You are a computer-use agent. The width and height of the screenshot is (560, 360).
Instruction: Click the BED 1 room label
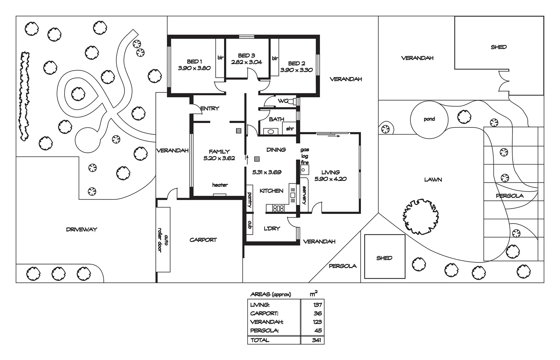(x=194, y=61)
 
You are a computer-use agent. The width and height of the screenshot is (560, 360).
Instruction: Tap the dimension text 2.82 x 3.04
(x=246, y=62)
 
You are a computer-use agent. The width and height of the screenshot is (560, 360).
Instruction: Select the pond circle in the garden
(x=429, y=119)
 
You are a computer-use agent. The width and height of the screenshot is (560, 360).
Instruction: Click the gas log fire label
(x=305, y=156)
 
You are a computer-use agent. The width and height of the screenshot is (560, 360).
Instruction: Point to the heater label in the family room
(x=220, y=185)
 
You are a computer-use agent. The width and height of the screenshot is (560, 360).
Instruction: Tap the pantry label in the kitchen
(x=249, y=200)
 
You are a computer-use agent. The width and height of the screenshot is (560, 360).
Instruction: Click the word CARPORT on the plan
(x=203, y=240)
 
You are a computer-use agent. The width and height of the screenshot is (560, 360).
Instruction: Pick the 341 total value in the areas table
(x=316, y=340)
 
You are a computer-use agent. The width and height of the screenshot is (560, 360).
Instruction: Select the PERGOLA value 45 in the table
(x=318, y=331)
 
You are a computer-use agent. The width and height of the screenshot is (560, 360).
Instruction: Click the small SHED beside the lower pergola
(x=384, y=258)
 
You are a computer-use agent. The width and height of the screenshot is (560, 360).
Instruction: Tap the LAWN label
(x=433, y=180)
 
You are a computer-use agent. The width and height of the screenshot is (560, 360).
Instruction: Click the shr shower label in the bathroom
(x=290, y=128)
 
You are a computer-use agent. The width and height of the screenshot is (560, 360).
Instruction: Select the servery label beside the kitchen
(x=304, y=195)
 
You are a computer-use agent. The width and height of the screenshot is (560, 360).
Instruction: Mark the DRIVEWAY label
(x=81, y=229)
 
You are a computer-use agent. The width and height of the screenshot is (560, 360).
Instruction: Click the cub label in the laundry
(x=249, y=225)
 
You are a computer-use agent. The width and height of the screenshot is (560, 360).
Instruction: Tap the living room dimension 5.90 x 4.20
(x=330, y=179)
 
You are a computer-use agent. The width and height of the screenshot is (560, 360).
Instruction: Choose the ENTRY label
(x=210, y=108)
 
